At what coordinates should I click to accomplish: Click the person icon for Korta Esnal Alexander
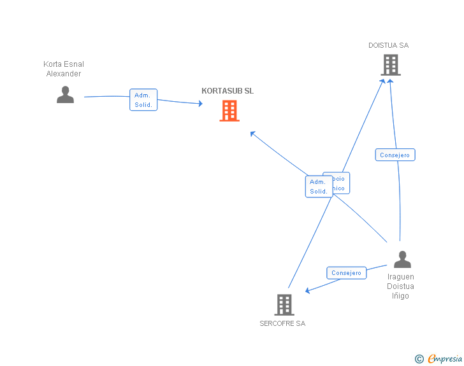tap(65, 94)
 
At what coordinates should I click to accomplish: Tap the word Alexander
tap(64, 74)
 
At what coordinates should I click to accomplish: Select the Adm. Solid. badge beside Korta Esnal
tap(143, 100)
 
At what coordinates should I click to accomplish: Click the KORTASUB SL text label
tap(228, 91)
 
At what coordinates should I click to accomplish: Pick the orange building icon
tap(229, 111)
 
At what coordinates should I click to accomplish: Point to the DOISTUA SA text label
tap(388, 46)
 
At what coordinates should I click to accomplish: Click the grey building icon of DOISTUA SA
tap(391, 65)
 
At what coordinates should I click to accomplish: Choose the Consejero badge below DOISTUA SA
tap(395, 155)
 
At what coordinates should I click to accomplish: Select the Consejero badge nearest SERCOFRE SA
tap(347, 273)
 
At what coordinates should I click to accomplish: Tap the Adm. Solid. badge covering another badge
tap(318, 187)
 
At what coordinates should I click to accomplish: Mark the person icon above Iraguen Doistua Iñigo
tap(402, 259)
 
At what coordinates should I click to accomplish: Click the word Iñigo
tap(401, 296)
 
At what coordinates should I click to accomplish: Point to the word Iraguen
tap(401, 277)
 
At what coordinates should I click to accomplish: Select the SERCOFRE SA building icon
tap(284, 304)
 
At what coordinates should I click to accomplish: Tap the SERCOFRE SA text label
tap(282, 323)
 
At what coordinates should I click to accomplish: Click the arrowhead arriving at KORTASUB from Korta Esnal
tap(199, 104)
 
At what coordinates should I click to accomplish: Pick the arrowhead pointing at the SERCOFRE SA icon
tap(308, 290)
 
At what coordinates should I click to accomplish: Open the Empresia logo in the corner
tap(445, 359)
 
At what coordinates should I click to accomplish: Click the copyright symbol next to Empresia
tap(419, 359)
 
